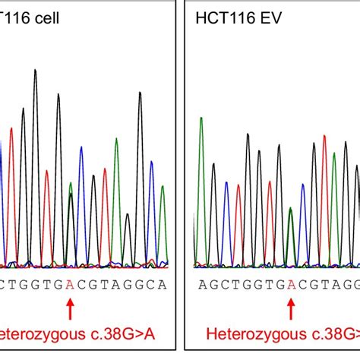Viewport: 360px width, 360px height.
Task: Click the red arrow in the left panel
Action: coord(71,308)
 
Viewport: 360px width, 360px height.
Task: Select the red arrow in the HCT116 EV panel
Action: coord(290,308)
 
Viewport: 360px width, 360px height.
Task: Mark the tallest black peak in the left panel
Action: coord(35,72)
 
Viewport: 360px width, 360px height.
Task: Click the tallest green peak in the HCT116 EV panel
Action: coord(201,119)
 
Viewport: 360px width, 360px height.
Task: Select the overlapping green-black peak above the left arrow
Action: coord(71,190)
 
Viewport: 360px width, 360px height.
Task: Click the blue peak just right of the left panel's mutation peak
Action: coord(81,149)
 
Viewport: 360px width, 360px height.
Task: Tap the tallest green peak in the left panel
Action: coord(116,140)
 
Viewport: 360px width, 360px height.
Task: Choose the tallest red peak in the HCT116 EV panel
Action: coord(324,137)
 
